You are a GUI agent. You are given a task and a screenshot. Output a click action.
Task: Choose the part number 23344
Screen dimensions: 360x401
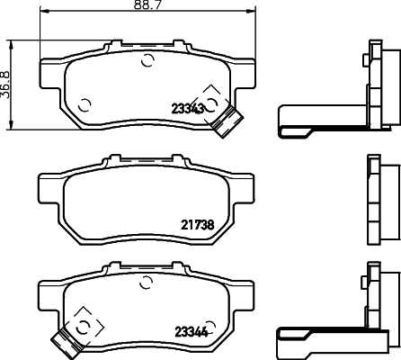[x=190, y=330]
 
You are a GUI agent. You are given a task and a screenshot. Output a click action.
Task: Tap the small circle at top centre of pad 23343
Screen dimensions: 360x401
[x=148, y=61]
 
